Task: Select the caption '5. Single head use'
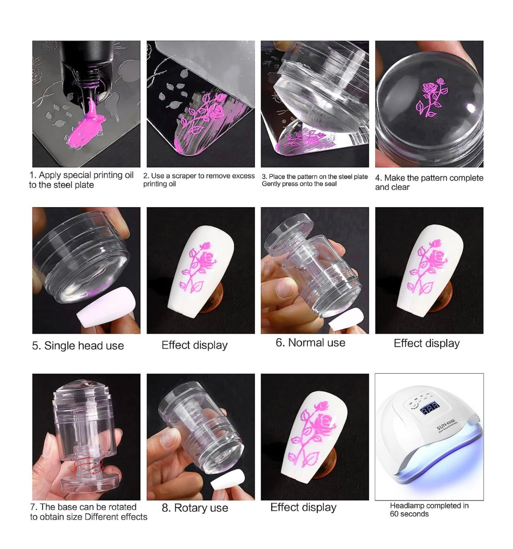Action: click(78, 346)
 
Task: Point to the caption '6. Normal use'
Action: click(311, 343)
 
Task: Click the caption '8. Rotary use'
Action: click(195, 508)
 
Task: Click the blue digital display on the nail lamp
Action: click(429, 409)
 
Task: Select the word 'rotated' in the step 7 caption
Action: click(122, 507)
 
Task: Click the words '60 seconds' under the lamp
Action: click(409, 514)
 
